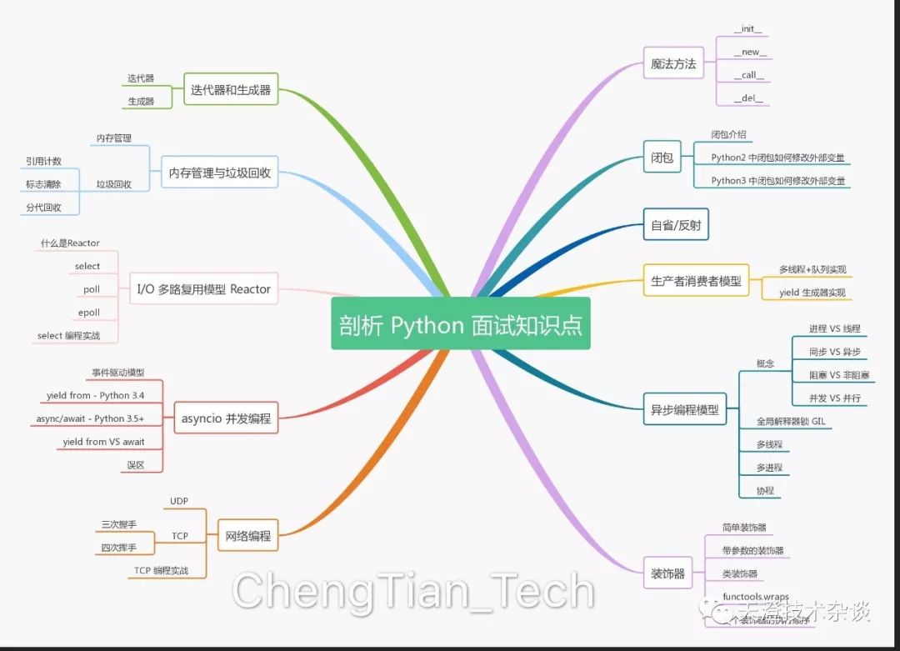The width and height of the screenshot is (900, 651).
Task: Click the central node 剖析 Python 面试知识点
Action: coord(460,324)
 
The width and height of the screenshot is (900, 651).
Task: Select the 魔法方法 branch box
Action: coord(673,63)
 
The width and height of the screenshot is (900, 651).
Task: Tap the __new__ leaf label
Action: coord(750,53)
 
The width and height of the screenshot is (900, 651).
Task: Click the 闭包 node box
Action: coord(662,157)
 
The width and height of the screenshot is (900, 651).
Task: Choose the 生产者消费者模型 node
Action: coord(696,281)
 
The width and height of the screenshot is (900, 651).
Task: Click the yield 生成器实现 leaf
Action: coord(812,293)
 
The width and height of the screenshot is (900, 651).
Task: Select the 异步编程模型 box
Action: coord(684,410)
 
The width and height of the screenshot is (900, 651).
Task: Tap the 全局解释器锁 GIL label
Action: coord(794,422)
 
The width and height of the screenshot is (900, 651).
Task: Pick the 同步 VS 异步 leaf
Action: coord(834,352)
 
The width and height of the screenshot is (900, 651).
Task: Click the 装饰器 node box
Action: coord(667,573)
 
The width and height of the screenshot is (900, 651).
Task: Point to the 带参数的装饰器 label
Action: coord(752,550)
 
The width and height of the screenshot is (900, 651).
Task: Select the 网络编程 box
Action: coord(248,536)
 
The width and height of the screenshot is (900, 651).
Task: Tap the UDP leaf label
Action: coord(179,501)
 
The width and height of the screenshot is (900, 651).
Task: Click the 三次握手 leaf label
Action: coord(119,524)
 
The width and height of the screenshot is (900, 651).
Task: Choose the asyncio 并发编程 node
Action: coord(226,418)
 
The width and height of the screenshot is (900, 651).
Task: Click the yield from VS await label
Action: coord(103,442)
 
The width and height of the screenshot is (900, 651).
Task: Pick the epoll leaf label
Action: coord(89,313)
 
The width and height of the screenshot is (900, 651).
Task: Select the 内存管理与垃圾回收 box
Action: coord(219,173)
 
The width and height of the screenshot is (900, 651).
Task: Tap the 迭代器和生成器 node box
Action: coord(231,90)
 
